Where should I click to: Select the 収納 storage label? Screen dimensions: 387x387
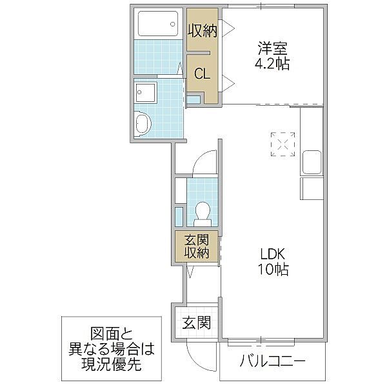202,30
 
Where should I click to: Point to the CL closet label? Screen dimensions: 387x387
202,74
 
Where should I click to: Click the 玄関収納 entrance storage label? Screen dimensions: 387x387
197,247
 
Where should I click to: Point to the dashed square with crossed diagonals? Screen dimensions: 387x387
283,144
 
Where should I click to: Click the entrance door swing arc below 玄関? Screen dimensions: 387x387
195,352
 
